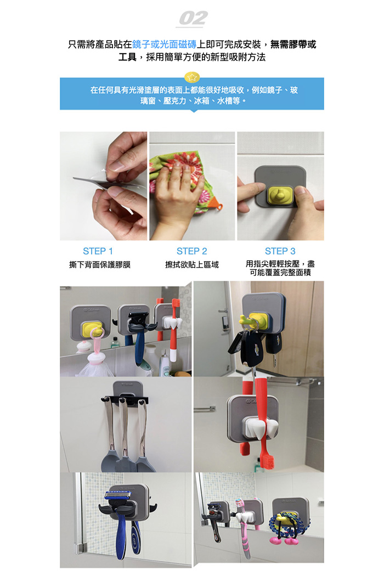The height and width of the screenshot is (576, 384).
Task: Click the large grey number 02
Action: (193, 18)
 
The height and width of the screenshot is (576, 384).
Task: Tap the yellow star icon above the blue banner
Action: (192, 77)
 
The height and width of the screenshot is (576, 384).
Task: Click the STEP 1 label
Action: (98, 251)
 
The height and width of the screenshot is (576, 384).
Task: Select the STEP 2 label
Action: (192, 251)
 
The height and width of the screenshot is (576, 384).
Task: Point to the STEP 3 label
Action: (280, 251)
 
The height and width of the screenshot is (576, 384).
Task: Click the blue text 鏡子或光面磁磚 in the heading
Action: (164, 44)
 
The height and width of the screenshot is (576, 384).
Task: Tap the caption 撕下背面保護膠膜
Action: (100, 264)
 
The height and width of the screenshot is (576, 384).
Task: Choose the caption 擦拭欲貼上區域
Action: (192, 264)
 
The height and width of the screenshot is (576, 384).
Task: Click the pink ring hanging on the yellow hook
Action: (99, 340)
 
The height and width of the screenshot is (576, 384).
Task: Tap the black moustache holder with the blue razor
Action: (127, 509)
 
